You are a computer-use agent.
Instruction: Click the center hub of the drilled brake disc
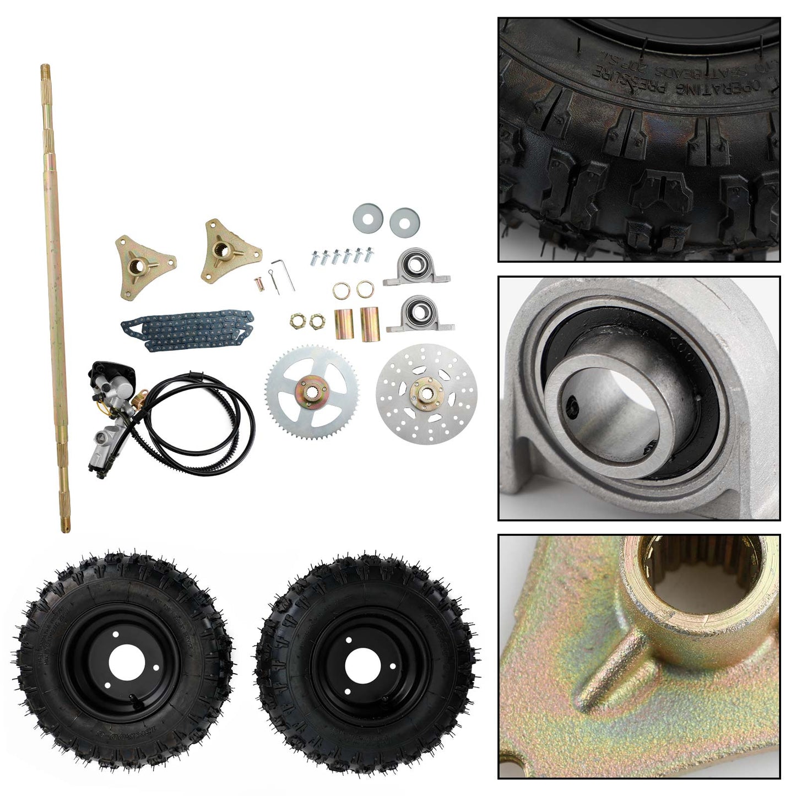click(426, 392)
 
